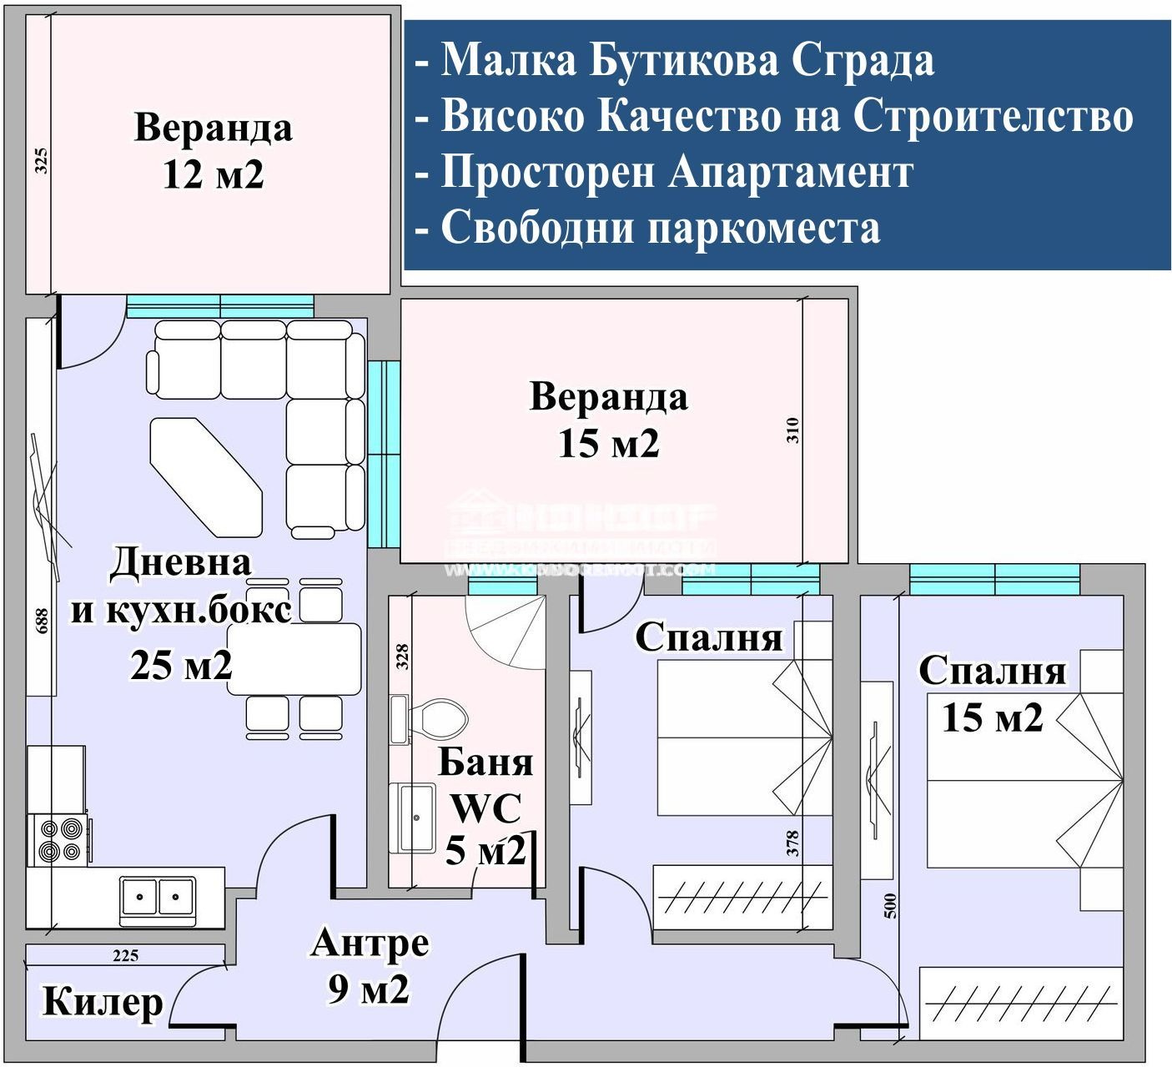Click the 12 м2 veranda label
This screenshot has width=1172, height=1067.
point(214,151)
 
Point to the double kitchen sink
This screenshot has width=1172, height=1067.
point(158,898)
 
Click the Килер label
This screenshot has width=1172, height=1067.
point(103,1000)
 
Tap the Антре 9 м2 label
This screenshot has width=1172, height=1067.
point(370,965)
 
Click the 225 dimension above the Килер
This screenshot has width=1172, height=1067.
point(125,956)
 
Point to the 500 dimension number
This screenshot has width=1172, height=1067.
point(890,906)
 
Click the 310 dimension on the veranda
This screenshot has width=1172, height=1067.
point(792,430)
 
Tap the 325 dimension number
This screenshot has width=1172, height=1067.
point(41,160)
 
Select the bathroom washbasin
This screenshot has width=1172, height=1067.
point(415,817)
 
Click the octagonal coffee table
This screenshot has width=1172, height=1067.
point(206,477)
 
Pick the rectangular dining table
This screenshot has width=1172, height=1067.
point(294,659)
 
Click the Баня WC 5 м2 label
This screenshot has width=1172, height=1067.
point(486,807)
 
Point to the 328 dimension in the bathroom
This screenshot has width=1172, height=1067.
point(402,657)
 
